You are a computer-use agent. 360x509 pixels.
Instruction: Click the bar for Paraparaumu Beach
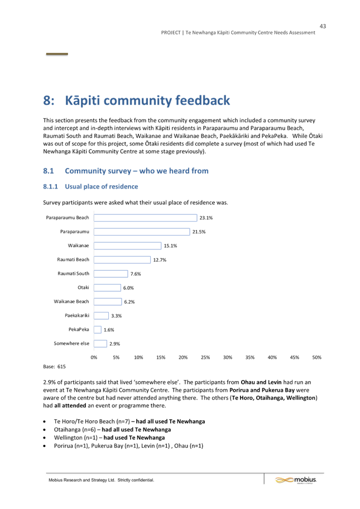point(146,218)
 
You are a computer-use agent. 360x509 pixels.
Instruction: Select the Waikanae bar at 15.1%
point(128,246)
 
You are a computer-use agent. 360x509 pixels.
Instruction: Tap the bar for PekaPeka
point(98,330)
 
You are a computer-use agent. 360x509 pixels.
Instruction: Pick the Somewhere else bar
point(100,344)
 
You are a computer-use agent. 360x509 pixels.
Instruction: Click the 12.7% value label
point(160,260)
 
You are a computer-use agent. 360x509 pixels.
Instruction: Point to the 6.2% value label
point(129,302)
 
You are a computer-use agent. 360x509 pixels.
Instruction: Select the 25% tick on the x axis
point(205,357)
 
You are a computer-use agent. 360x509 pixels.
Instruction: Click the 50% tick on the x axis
point(317,357)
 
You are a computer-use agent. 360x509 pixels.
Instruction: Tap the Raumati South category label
point(73,273)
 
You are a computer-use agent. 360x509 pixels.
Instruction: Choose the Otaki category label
point(83,287)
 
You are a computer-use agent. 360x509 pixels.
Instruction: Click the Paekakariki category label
point(77,315)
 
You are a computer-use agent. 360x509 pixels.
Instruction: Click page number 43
point(323,26)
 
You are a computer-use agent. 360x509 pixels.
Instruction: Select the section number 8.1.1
point(50,186)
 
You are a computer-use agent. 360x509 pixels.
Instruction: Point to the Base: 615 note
point(55,367)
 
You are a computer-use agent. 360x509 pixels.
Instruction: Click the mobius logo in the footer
point(296,480)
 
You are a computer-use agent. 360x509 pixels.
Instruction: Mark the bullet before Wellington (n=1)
point(45,438)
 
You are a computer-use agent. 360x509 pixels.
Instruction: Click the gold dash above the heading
point(57,54)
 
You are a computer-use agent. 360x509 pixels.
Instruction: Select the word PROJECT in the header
point(171,32)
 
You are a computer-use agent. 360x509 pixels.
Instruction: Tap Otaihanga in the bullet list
point(67,430)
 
